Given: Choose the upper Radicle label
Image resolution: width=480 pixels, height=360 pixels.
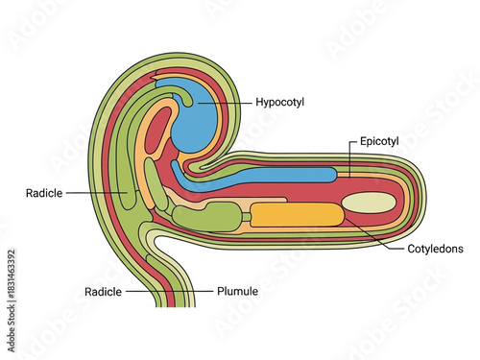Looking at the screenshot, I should point(45,193).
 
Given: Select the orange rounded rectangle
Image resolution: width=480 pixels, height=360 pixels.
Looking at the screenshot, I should point(295,216).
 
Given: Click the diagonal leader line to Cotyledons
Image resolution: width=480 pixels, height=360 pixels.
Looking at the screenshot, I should point(367,233).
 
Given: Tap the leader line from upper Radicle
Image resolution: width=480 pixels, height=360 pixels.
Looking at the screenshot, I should point(96,193).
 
